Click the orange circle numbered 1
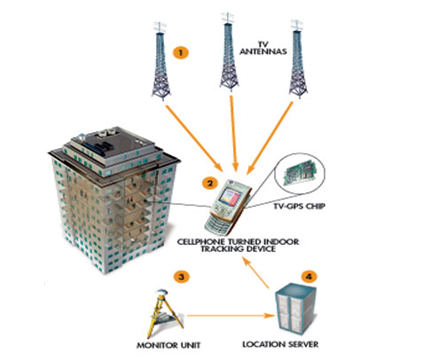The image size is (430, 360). [x=181, y=52]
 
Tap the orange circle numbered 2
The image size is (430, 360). [x=210, y=184]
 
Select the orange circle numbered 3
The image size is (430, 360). [x=181, y=277]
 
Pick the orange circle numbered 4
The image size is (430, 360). [x=309, y=277]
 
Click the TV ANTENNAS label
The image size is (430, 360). [x=263, y=49]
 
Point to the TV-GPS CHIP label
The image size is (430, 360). [x=299, y=206]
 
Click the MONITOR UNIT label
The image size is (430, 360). [x=168, y=345]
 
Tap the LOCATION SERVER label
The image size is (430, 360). [x=280, y=344]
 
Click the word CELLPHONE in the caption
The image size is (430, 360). [x=200, y=241]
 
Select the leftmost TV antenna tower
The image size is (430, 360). [x=160, y=60]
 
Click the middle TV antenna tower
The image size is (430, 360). [x=229, y=51]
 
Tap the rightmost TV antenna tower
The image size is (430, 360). [x=298, y=59]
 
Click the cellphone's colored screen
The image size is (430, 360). [x=231, y=197]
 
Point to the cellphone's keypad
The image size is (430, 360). [x=219, y=221]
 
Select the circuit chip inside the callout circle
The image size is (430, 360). [x=300, y=173]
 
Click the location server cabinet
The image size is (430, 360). [x=295, y=310]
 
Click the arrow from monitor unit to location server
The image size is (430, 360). [x=231, y=316]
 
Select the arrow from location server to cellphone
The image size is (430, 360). [x=256, y=273]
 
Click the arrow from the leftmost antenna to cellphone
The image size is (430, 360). [x=194, y=138]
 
